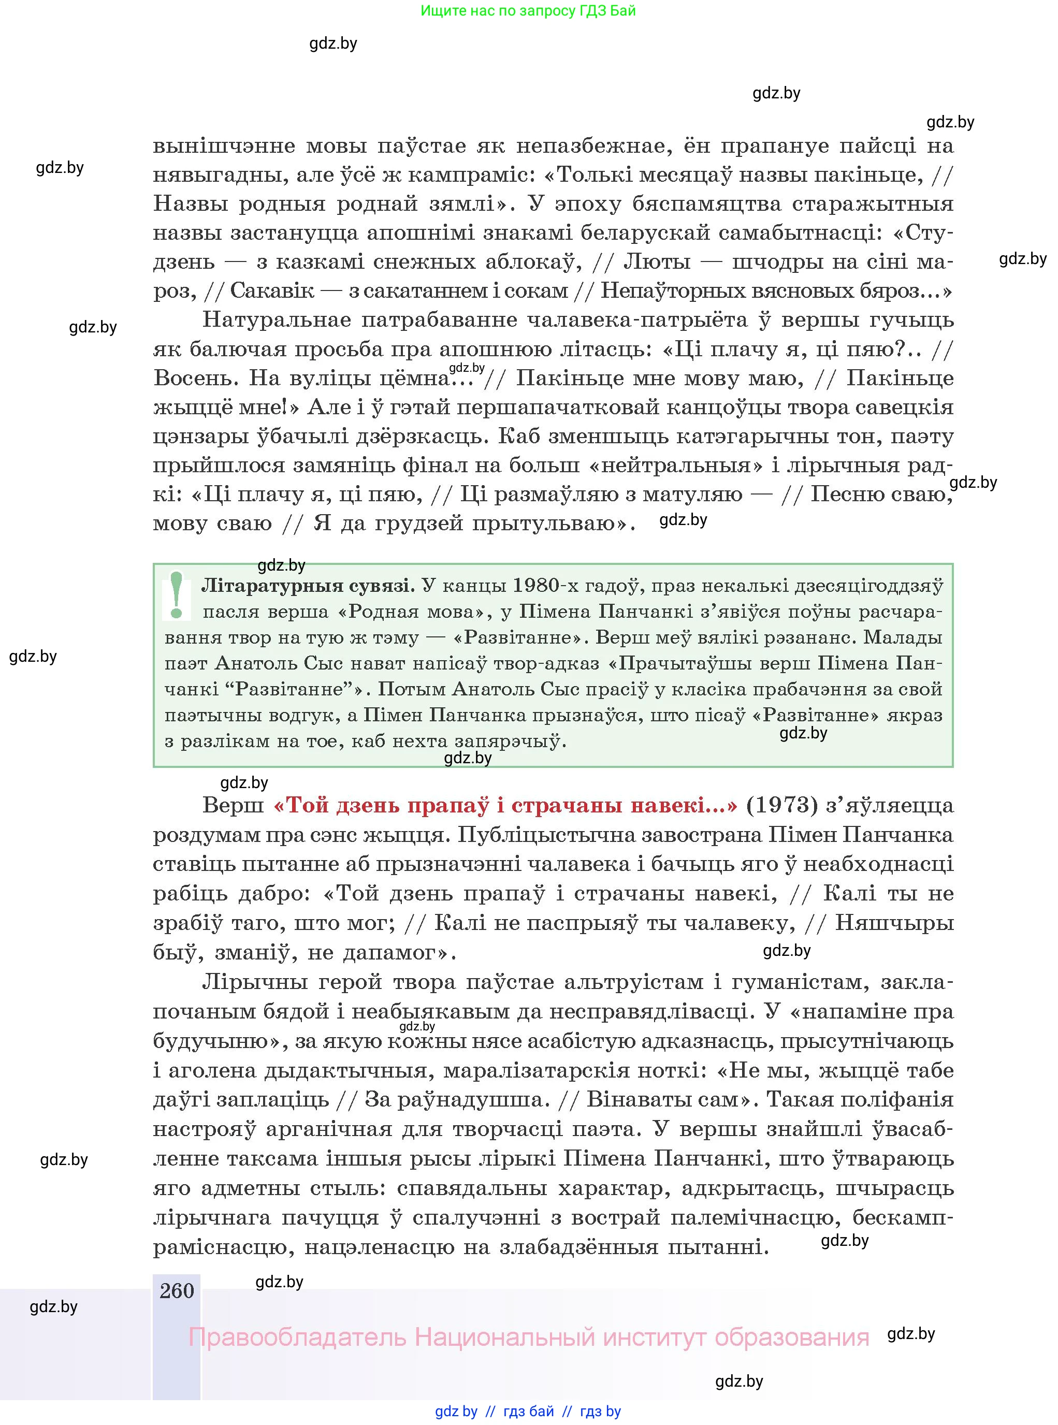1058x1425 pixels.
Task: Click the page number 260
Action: (176, 1290)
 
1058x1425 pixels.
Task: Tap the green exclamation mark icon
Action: (177, 595)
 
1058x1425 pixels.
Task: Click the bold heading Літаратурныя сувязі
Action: (308, 585)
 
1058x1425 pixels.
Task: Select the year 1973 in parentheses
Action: (782, 806)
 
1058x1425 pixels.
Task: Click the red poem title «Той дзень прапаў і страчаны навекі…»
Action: (505, 806)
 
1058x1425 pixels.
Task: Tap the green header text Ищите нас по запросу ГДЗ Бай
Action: (528, 10)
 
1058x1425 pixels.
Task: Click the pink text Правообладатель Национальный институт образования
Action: (528, 1337)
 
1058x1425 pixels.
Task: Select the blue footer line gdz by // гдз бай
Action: (528, 1412)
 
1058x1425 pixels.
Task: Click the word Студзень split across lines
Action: (922, 232)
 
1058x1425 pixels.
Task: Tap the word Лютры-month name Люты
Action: (657, 262)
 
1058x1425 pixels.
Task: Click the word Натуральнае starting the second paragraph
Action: (276, 319)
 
